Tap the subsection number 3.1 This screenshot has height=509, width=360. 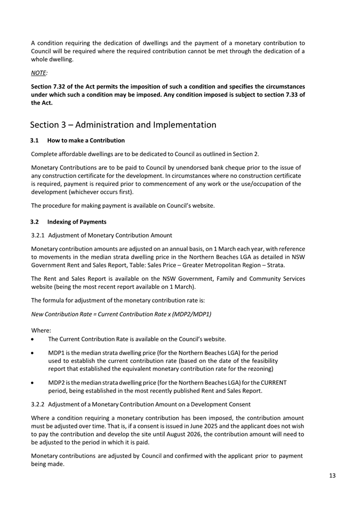(35, 141)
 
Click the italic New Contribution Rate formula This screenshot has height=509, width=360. (121, 313)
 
